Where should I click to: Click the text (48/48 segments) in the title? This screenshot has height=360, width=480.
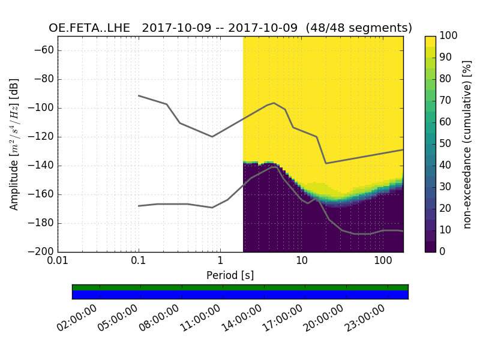click(x=359, y=28)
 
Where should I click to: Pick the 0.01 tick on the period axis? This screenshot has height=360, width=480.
click(x=58, y=262)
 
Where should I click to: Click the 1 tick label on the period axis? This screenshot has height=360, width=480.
click(x=220, y=262)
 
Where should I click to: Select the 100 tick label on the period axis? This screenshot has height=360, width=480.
click(x=383, y=262)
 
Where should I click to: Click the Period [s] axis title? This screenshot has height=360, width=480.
click(x=230, y=275)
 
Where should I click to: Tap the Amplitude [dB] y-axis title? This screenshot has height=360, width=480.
click(x=14, y=144)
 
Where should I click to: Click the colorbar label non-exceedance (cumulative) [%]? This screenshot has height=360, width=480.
click(x=469, y=144)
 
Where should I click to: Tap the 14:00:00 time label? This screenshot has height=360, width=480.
click(x=241, y=319)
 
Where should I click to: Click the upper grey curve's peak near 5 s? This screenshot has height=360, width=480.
click(x=274, y=103)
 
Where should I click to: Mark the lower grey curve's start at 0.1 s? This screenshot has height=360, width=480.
click(x=139, y=206)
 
